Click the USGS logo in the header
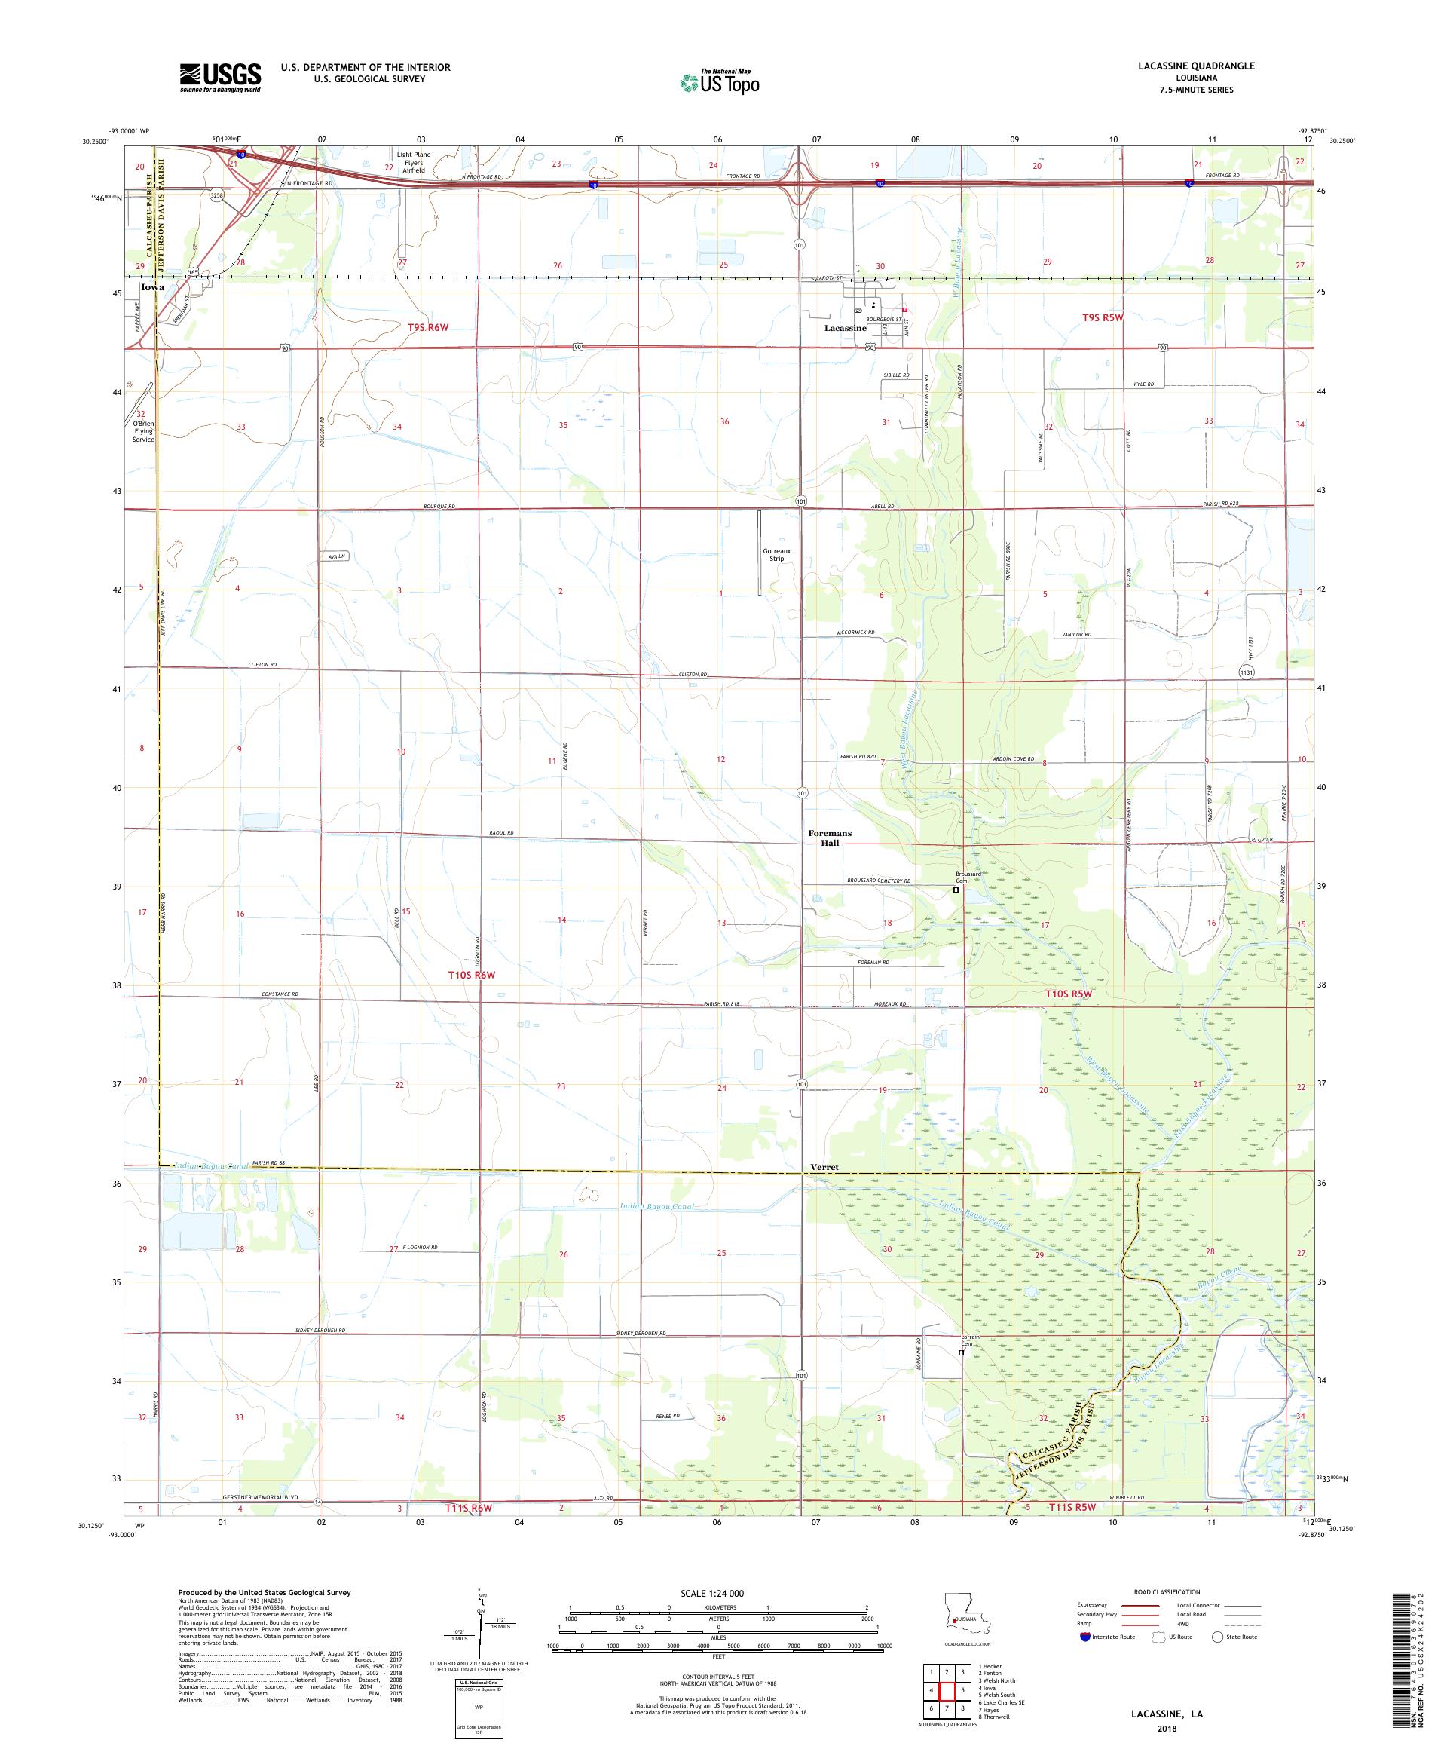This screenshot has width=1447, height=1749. [220, 78]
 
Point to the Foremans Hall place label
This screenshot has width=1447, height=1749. [830, 838]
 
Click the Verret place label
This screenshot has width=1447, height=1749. [824, 1168]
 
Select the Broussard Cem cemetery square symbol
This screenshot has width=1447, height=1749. [956, 890]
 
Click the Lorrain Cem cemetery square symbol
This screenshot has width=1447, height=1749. [961, 1353]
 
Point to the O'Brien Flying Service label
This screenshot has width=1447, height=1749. [143, 431]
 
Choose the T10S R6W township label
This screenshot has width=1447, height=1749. [473, 975]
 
